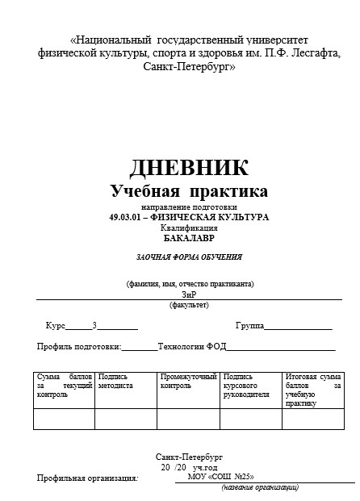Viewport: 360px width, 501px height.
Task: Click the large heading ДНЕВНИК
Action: point(189,168)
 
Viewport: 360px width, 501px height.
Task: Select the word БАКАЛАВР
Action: point(190,239)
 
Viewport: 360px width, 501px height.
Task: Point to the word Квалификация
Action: point(190,228)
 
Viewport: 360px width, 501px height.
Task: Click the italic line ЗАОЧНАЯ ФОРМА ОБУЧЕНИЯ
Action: point(189,257)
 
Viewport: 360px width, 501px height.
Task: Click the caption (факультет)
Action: point(189,305)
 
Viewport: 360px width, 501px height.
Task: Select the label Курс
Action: point(56,326)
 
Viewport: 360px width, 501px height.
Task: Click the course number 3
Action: point(94,326)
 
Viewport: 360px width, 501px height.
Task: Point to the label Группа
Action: point(249,326)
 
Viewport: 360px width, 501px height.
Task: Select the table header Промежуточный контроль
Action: point(188,381)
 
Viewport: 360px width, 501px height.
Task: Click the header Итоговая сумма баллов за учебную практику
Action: point(313,390)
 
